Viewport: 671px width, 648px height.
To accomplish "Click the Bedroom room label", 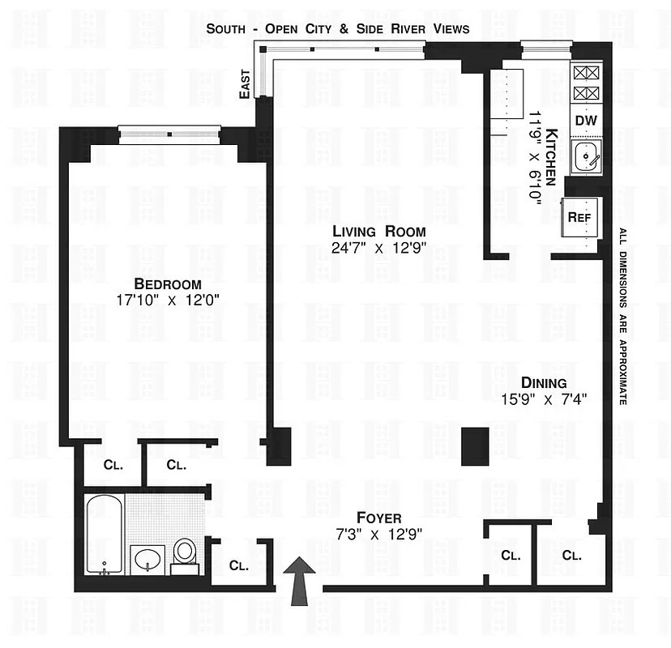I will click(x=168, y=283).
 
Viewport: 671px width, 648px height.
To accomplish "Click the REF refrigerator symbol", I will click(x=582, y=217).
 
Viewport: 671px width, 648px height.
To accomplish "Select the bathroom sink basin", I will click(x=147, y=559).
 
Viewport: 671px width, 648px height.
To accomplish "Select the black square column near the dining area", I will click(x=474, y=446).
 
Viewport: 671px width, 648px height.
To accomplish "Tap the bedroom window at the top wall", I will click(x=169, y=133).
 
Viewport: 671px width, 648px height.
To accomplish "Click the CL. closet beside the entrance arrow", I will click(x=237, y=565).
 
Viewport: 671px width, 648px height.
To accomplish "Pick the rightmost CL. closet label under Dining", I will click(x=571, y=556).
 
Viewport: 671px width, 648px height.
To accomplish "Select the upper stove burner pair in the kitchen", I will click(x=585, y=72).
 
